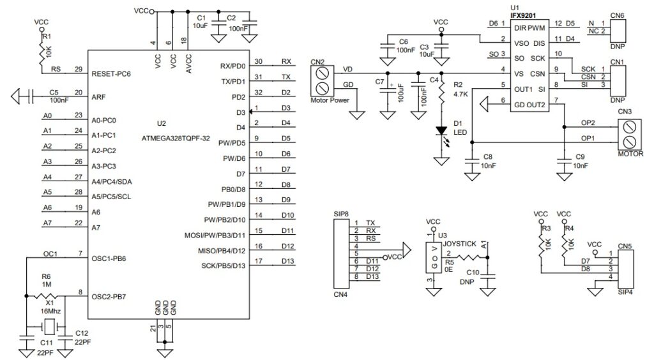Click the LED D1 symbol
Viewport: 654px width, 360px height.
[441, 131]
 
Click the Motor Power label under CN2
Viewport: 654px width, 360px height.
[329, 100]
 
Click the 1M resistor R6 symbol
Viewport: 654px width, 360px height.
[46, 297]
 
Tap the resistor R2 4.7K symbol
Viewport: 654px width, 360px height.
[441, 94]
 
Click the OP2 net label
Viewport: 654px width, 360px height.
[588, 122]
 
